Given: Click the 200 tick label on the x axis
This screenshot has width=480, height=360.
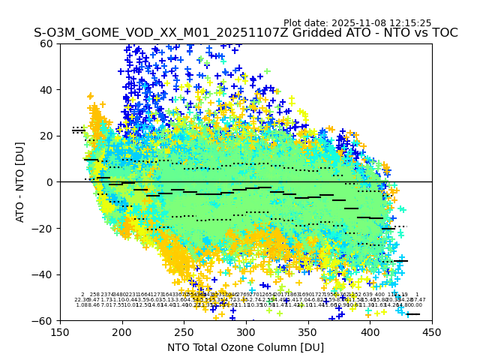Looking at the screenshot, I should (122, 332).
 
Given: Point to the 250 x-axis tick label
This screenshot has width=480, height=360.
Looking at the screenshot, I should (184, 332).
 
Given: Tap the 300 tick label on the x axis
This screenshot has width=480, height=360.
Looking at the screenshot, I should (246, 332).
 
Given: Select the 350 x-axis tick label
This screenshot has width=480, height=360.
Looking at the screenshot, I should (308, 332).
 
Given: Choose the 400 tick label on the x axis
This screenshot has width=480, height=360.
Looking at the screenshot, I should (370, 332).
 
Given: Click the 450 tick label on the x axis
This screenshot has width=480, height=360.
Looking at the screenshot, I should (432, 332).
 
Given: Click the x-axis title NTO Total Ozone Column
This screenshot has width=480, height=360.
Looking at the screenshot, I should (246, 347).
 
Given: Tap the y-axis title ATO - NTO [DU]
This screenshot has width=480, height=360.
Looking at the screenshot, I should (21, 182).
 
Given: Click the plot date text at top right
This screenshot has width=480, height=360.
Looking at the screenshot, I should (357, 23).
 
